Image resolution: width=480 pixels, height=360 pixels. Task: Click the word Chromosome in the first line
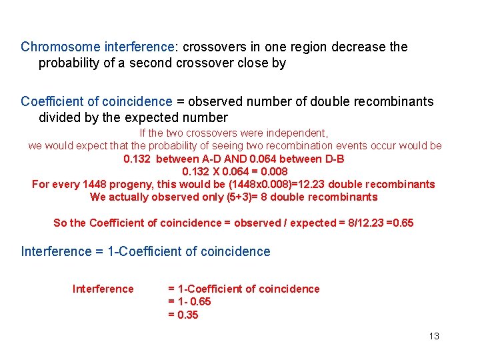[53, 47]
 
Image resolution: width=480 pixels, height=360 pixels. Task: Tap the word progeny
[142, 184]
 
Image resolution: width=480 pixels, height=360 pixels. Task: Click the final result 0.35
[183, 315]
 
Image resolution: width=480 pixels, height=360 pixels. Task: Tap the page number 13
[434, 336]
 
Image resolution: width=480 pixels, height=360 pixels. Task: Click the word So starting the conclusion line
[60, 223]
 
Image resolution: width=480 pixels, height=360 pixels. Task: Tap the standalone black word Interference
[103, 289]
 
